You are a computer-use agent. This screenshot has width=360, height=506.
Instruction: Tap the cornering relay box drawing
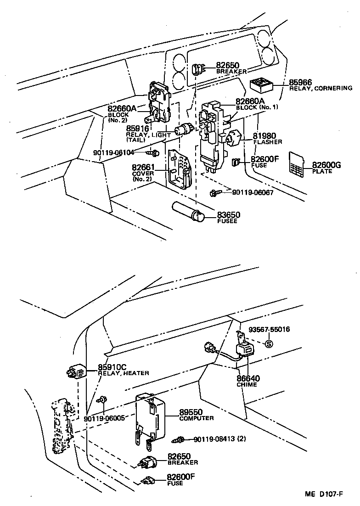coord(261,85)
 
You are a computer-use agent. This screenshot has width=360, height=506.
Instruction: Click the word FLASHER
coord(268,142)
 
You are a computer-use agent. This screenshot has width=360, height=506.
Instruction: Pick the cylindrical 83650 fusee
coord(189,212)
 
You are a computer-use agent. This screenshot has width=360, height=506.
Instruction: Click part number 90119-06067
coord(252,192)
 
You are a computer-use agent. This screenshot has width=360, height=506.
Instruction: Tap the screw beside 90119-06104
coord(154,152)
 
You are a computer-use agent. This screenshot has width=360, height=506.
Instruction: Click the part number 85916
coord(137,129)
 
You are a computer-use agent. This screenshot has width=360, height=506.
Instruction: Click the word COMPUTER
coord(196,418)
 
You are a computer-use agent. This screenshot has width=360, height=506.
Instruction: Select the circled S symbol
coord(269,344)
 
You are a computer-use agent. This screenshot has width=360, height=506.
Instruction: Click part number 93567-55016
coord(269,330)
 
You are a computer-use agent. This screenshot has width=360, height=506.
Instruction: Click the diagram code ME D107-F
coord(324,495)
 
